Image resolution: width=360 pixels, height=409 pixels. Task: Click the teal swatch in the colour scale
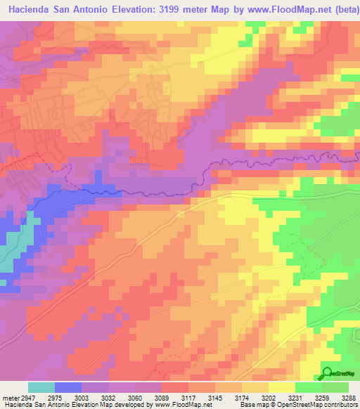[41, 387]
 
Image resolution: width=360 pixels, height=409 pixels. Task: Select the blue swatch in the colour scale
[68, 387]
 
